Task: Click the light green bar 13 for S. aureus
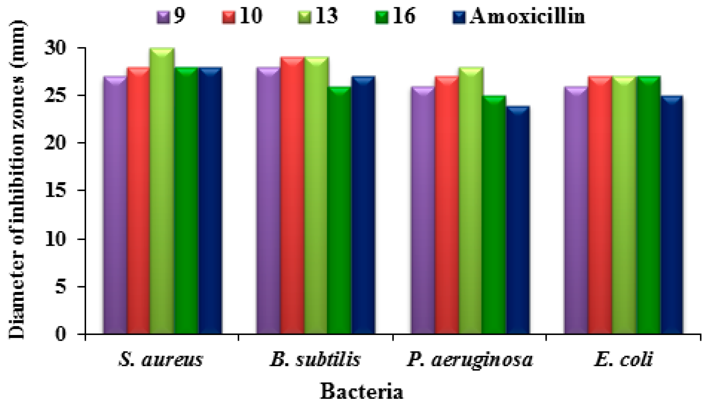[162, 191]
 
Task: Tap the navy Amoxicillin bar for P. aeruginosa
[518, 220]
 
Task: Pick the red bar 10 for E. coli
[600, 205]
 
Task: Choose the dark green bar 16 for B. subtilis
[340, 210]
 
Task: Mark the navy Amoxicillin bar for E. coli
[672, 215]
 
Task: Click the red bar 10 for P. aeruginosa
[447, 205]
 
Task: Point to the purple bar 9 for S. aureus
[115, 205]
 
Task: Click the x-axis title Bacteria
[361, 391]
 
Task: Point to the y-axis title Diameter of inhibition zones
[17, 179]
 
